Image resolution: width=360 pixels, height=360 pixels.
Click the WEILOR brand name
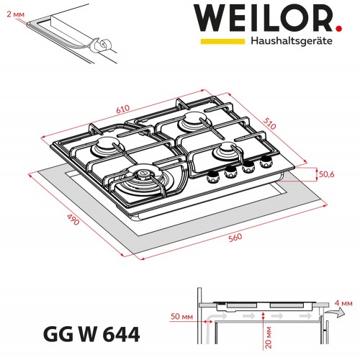click(264, 18)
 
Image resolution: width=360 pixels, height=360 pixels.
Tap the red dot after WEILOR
click(338, 29)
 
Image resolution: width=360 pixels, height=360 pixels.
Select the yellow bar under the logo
click(222, 41)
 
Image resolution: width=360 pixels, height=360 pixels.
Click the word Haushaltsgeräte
click(292, 41)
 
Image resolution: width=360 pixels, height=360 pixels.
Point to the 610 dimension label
click(123, 109)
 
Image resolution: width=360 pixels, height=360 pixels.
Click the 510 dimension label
click(270, 124)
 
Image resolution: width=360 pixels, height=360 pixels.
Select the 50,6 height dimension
click(326, 174)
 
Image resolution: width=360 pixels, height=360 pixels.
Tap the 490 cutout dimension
click(73, 220)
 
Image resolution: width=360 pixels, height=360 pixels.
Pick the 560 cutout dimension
click(235, 238)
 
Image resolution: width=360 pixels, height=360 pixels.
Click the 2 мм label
click(16, 14)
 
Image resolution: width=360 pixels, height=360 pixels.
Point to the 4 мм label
click(343, 303)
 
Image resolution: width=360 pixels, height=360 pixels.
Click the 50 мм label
click(181, 317)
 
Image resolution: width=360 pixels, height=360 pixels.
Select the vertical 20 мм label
click(269, 337)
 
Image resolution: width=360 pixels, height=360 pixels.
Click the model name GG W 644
click(91, 334)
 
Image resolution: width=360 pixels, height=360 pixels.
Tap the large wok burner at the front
click(143, 181)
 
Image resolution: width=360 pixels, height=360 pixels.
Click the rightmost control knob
click(266, 162)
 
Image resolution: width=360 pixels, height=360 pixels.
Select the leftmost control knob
click(213, 176)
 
